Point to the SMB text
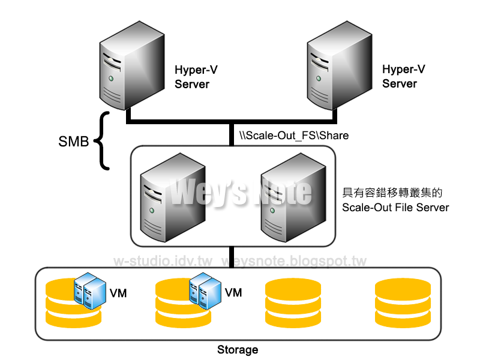(x=74, y=142)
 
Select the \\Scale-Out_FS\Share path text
(x=294, y=136)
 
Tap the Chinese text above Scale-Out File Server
(x=392, y=193)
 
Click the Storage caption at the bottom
(x=238, y=349)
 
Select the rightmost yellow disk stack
(x=402, y=303)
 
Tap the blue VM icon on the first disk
(x=86, y=290)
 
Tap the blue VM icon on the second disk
(x=202, y=290)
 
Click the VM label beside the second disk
(x=233, y=293)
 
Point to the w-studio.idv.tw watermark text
(x=163, y=262)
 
